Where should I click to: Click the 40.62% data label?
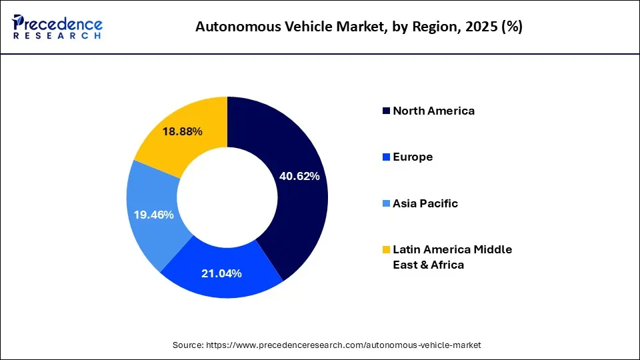pos(299,177)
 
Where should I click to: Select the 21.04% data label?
pos(221,273)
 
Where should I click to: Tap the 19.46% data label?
pos(153,215)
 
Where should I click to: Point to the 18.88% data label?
pos(182,132)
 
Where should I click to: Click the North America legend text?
pos(433,111)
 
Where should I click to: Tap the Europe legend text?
pos(413,157)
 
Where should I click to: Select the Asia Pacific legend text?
pos(425,203)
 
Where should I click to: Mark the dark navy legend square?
pos(386,111)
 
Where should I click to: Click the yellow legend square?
pos(386,250)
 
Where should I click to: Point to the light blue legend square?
pos(386,204)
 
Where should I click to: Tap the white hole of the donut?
pos(227,197)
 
